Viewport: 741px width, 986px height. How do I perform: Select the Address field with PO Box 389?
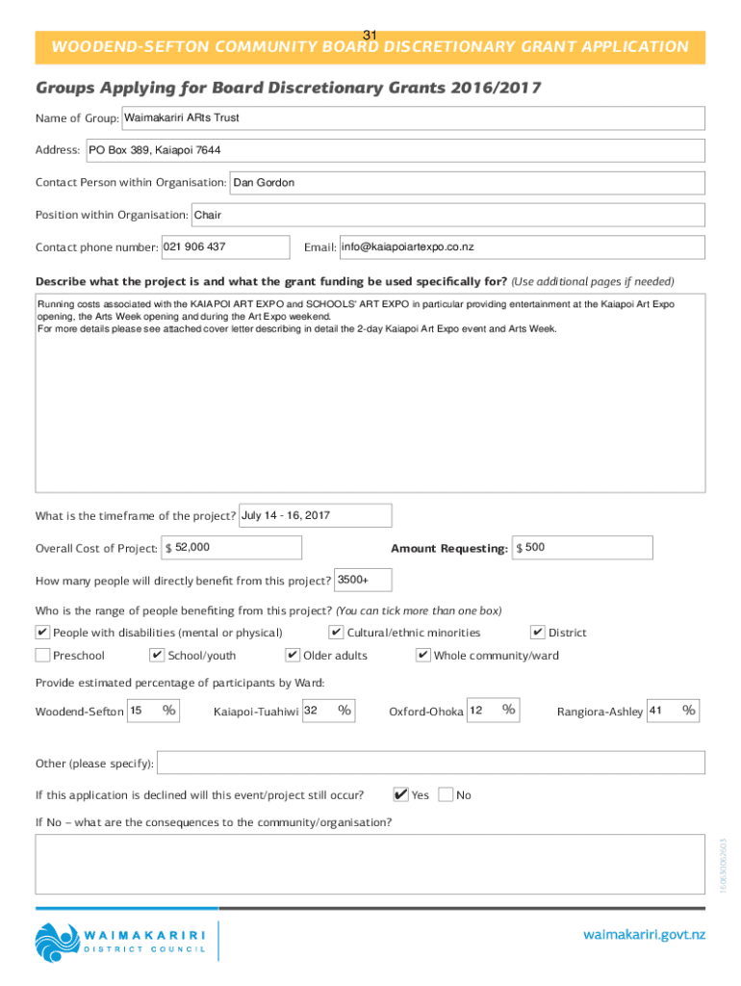(x=395, y=150)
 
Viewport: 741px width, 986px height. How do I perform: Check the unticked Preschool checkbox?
(x=42, y=656)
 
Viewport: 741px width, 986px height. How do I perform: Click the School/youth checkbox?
(x=157, y=656)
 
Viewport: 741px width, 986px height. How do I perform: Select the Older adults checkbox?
(x=293, y=656)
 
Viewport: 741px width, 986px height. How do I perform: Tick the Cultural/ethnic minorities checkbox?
(x=336, y=633)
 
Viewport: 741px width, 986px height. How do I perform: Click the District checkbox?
(x=538, y=633)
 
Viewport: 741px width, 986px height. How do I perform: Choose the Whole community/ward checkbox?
(x=423, y=656)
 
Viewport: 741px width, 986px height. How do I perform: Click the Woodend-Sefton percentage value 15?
(x=137, y=711)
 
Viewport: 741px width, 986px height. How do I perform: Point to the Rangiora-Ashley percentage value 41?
(x=658, y=711)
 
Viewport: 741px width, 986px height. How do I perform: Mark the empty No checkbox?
(x=446, y=795)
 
